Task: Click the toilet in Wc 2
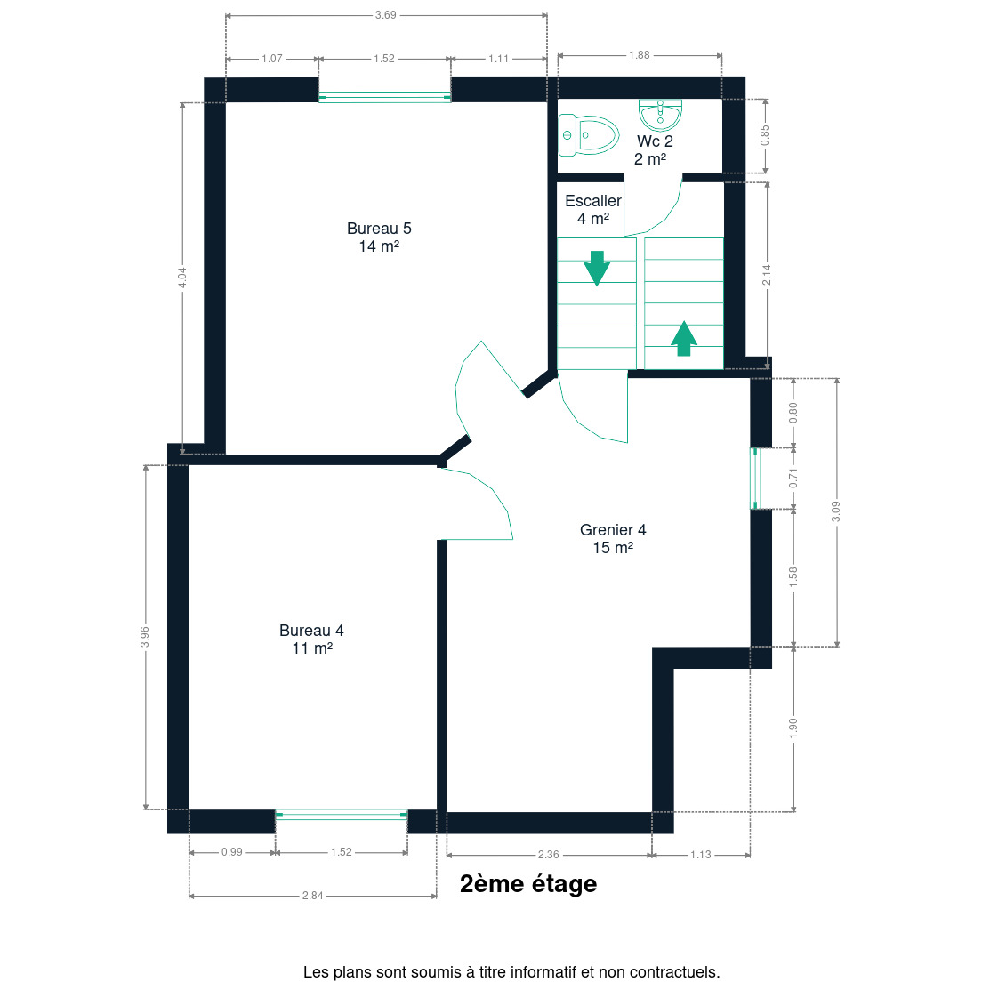588,134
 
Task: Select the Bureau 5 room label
379,237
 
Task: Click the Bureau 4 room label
311,640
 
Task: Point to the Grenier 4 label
613,539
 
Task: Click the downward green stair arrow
597,268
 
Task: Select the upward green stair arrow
684,339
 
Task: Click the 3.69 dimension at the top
386,15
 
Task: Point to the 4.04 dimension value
181,278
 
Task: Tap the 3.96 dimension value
145,637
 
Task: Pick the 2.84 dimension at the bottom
312,896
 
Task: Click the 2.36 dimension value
549,854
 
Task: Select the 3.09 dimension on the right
836,511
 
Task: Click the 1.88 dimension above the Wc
640,55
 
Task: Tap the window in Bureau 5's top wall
384,97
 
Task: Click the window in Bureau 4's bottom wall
342,814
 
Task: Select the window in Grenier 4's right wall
755,479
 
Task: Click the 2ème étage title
528,883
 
